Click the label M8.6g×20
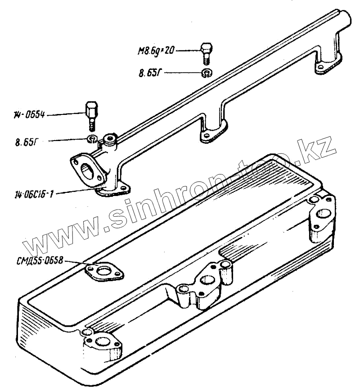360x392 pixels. coord(156,50)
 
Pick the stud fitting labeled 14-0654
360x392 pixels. coord(90,114)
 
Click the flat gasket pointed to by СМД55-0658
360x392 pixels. coord(104,272)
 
